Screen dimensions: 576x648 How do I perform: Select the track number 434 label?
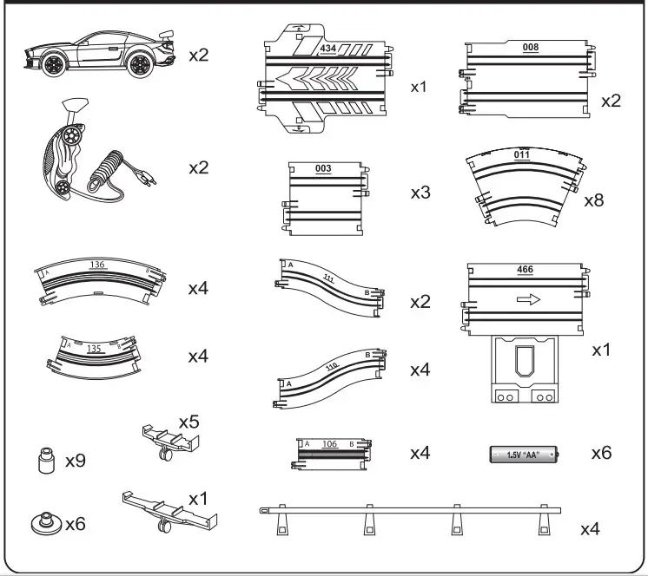[x=328, y=48]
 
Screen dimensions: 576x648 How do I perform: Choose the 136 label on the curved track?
[x=97, y=264]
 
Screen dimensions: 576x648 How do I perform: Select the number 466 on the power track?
[x=525, y=270]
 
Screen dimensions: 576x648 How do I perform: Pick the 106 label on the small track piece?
[x=329, y=443]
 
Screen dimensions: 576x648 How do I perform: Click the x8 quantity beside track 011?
[x=594, y=200]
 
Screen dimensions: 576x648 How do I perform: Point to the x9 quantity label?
[x=76, y=461]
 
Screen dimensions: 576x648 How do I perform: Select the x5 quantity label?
[x=189, y=422]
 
